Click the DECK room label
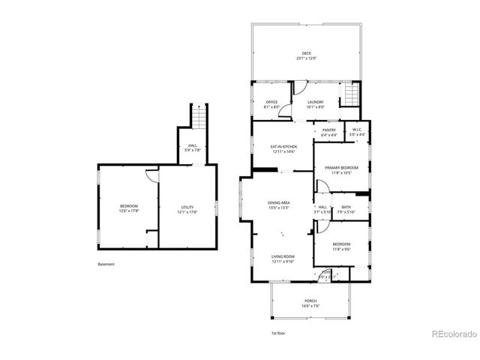coord(306,52)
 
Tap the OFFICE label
coord(271,102)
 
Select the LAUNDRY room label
coord(315,102)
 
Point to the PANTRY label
coord(329,130)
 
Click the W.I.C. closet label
coord(357,130)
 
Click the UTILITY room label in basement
coord(187,207)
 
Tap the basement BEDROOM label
coord(129,207)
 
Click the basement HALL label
coord(193,145)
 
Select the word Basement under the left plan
coord(106,264)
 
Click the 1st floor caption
coord(278,333)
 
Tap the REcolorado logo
coord(453,333)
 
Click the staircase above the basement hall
coord(198,118)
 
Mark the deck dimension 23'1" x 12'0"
coord(306,58)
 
